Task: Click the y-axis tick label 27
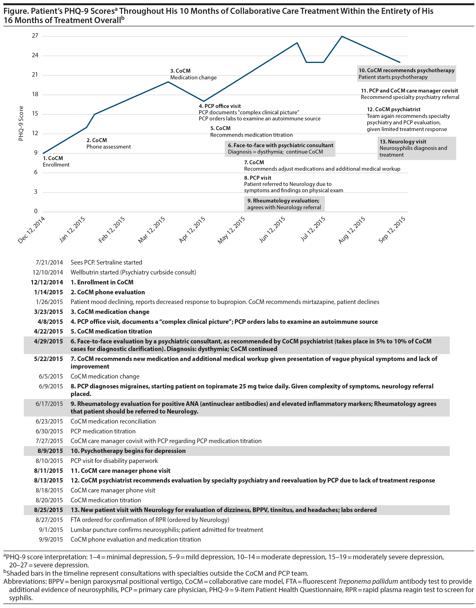point(35,36)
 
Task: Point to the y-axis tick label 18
point(35,94)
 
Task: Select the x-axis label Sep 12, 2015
point(392,229)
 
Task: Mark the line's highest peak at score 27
point(342,36)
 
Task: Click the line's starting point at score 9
point(43,153)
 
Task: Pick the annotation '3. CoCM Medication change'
point(193,74)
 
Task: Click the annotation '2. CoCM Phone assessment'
point(108,143)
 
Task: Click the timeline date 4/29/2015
point(48,341)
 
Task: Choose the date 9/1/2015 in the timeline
point(51,530)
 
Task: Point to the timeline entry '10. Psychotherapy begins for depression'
point(128,451)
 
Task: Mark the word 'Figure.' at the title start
point(16,11)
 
